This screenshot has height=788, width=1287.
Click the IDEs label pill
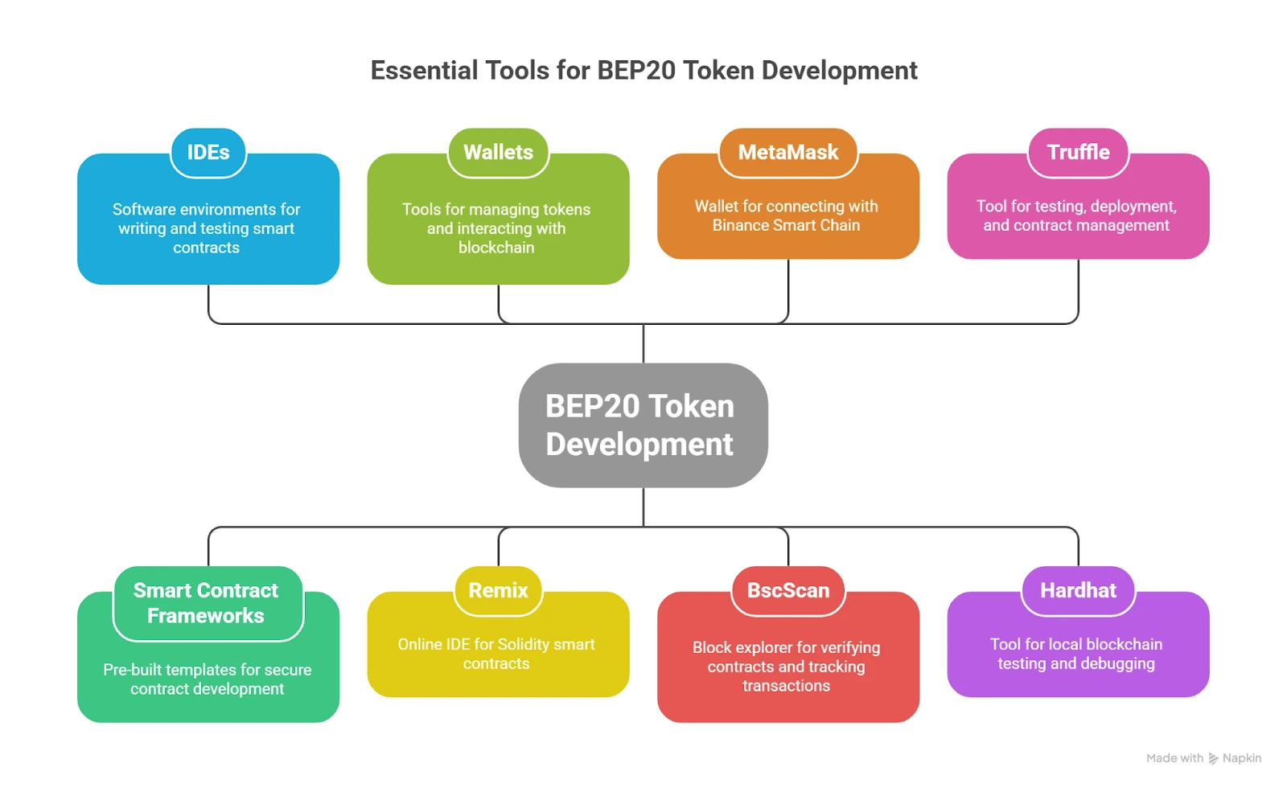pos(208,152)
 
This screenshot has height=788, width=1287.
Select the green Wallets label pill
pos(498,152)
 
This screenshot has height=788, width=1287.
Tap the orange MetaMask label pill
pos(788,152)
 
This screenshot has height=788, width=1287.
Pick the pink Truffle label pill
pos(1078,152)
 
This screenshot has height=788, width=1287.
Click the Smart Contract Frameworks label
pos(206,603)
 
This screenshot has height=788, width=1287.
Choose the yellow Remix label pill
pos(498,590)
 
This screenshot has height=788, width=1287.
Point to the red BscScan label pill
pos(788,590)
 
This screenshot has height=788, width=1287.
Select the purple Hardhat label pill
pos(1078,590)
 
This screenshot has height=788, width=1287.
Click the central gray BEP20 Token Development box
pos(642,425)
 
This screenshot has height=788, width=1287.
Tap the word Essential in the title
pos(424,71)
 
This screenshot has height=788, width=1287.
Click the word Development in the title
pos(839,71)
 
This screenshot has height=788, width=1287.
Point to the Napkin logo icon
pos(1213,758)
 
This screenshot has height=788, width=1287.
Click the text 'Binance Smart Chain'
pos(786,226)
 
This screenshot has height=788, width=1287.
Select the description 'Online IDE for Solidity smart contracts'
pos(496,654)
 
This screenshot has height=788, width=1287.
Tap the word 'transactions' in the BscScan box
pos(786,686)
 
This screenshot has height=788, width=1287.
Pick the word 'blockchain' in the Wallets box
pos(496,248)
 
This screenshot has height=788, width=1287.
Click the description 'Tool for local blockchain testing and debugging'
pos(1076,654)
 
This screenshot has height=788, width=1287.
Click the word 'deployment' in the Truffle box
pos(1131,207)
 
